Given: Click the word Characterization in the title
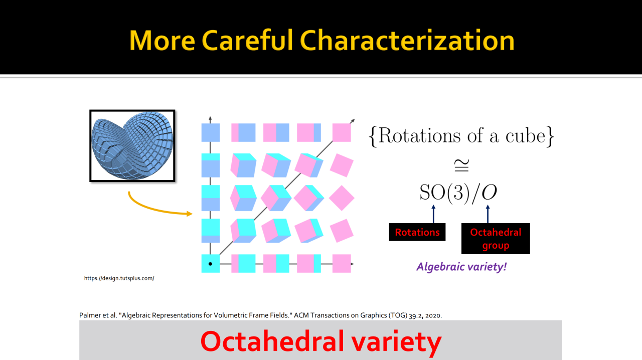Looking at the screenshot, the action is tap(407, 41).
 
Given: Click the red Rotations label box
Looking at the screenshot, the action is tap(417, 232).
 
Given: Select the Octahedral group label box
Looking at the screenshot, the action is tap(496, 239).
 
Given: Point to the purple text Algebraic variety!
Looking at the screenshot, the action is tap(461, 267).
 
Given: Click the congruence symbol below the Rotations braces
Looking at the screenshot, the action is tap(462, 165).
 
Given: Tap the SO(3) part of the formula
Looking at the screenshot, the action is tap(445, 193).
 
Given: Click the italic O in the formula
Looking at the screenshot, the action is tap(489, 192).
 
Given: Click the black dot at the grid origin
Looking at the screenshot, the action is tap(210, 264).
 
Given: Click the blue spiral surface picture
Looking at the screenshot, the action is tap(132, 145).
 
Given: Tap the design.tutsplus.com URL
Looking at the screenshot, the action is tap(119, 278).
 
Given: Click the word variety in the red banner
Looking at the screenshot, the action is tap(396, 341).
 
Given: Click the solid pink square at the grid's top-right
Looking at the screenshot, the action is tap(342, 132).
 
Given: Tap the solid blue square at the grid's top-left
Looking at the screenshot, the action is tap(211, 132).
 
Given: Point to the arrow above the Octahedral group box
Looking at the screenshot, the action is tap(488, 214).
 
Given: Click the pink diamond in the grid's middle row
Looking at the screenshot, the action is tap(342, 198).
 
